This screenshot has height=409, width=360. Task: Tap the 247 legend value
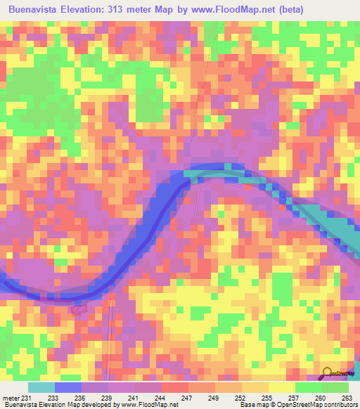click(188, 397)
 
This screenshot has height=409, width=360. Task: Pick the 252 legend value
click(240, 397)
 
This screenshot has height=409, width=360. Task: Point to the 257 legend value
click(293, 397)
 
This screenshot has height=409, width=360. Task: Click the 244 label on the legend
click(160, 397)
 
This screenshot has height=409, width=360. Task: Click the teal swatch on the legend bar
click(41, 387)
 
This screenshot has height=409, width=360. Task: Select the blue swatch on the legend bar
click(68, 387)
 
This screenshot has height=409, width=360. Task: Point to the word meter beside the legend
click(11, 397)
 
